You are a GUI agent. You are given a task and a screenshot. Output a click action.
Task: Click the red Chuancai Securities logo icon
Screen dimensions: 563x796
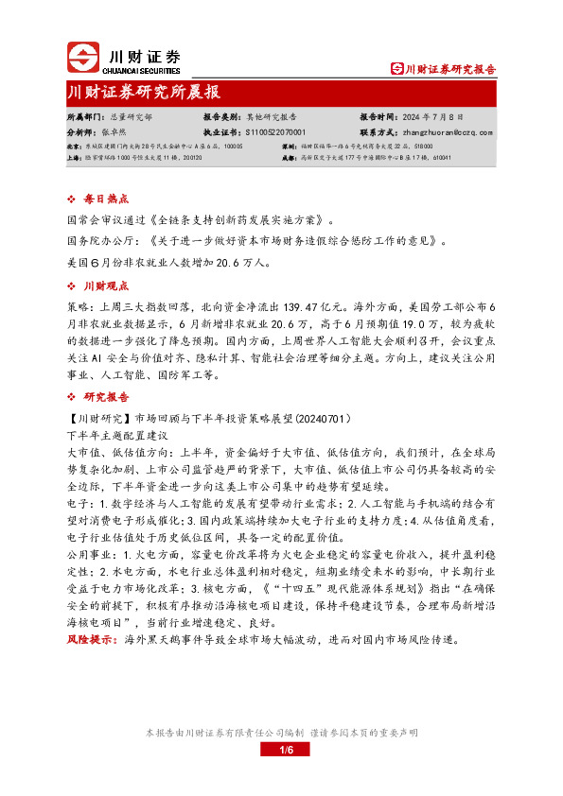82,59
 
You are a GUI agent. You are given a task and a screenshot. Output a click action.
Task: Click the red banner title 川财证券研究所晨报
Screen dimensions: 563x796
145,93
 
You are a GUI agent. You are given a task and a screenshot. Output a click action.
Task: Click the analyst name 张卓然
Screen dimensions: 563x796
113,133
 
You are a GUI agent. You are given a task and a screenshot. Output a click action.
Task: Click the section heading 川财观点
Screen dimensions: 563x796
102,286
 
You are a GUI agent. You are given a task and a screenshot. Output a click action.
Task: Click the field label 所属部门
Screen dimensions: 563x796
84,115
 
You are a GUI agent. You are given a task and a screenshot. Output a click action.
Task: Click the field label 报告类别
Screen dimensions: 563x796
221,115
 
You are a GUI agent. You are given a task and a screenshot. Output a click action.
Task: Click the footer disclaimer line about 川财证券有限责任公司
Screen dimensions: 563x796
281,733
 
